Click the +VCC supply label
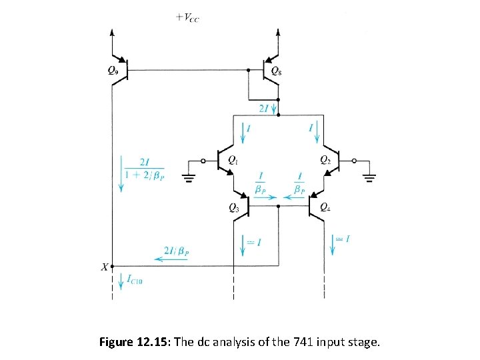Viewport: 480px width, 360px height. click(188, 18)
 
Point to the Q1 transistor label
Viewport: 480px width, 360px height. click(233, 159)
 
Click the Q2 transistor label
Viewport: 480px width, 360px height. click(325, 159)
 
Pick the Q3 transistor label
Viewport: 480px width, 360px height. click(234, 207)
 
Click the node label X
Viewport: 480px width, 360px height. click(104, 267)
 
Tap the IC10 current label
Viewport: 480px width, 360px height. click(135, 281)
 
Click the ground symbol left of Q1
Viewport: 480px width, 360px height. click(189, 176)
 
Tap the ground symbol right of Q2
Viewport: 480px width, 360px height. click(371, 176)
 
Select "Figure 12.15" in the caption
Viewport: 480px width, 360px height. click(134, 343)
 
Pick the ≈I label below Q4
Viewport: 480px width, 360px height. click(343, 239)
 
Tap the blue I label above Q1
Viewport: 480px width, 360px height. click(249, 127)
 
